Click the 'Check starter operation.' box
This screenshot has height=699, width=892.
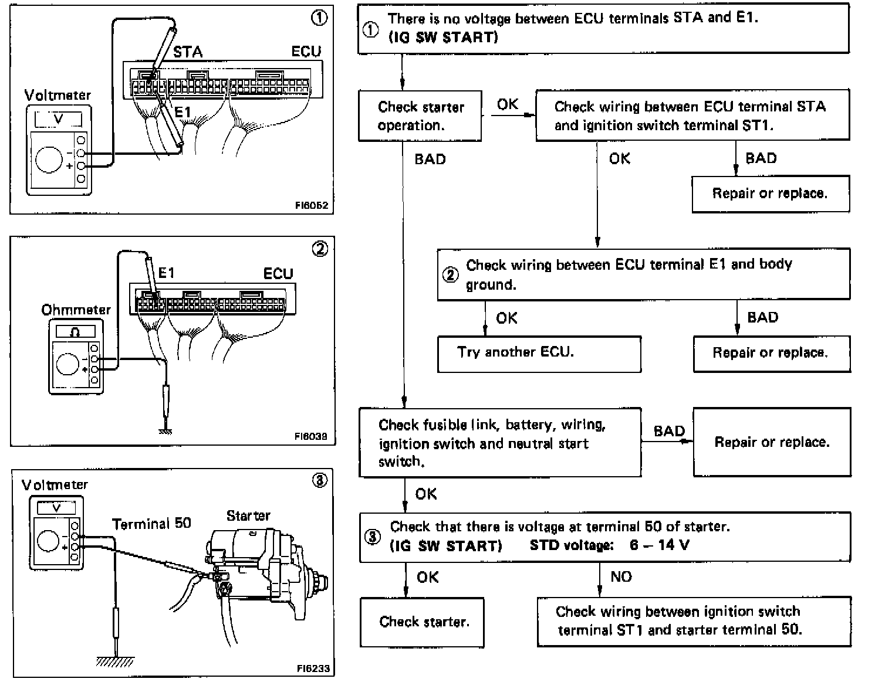point(420,116)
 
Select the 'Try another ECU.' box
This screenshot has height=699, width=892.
point(539,353)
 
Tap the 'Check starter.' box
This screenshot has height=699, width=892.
point(423,622)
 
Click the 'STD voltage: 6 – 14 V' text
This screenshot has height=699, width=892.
point(609,545)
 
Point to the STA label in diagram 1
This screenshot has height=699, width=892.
point(188,52)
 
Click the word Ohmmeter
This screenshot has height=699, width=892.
point(76,309)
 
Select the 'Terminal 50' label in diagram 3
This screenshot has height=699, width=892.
point(151,523)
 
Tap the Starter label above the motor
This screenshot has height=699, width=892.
point(248,515)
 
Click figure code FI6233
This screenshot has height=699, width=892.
point(313,668)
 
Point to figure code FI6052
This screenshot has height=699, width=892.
point(312,206)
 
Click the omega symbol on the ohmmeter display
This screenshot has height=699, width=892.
point(75,332)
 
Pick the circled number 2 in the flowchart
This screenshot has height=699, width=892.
point(450,274)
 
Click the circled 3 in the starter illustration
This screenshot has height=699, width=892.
point(320,481)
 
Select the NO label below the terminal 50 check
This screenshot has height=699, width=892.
point(621,577)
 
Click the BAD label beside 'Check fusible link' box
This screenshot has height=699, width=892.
point(669,431)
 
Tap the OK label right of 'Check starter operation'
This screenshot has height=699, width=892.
point(508,104)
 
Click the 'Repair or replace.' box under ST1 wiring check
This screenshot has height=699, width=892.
point(770,194)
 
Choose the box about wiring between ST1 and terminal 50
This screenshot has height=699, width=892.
point(694,621)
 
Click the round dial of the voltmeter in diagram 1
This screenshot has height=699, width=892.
point(48,159)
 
